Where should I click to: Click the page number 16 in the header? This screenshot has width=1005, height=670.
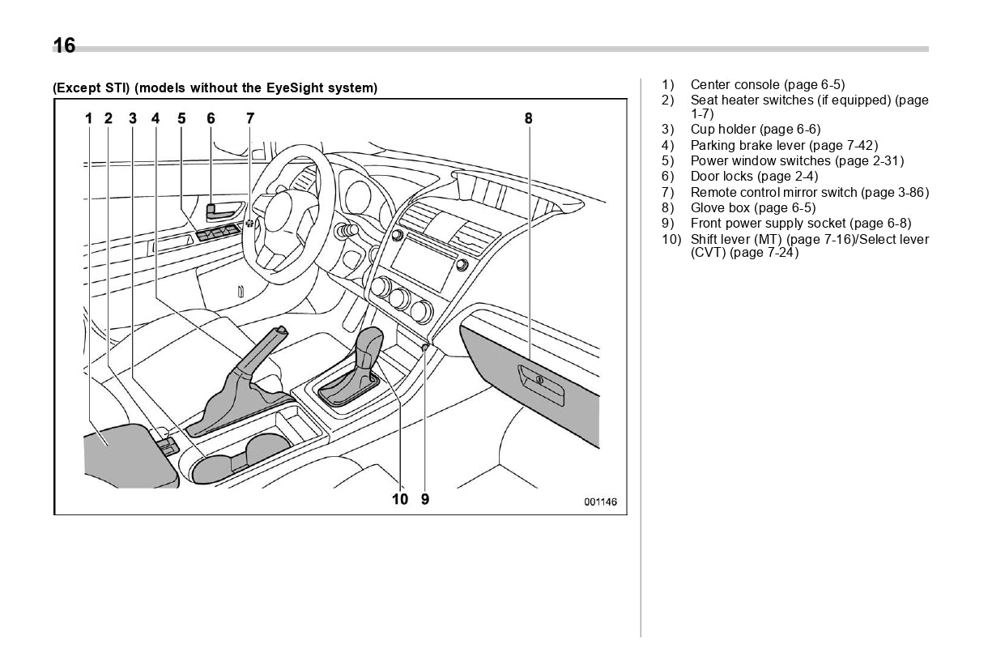point(64,46)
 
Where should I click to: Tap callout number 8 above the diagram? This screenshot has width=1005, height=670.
point(528,118)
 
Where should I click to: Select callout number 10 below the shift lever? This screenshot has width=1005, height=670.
point(400,499)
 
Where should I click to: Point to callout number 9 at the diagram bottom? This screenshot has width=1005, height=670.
point(425,499)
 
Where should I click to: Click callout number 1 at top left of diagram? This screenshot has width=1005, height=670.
point(89,118)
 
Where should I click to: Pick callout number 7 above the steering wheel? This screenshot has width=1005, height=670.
point(250,118)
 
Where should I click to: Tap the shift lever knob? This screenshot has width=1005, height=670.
point(369,344)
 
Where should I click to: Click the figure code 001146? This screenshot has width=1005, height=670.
point(600,502)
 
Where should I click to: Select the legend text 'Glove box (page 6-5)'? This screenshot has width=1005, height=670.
point(752,208)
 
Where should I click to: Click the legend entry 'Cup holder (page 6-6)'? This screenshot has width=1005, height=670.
point(755,130)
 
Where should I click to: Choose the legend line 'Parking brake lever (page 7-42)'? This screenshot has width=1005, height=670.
point(783,146)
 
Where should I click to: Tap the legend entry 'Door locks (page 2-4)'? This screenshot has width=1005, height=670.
point(754,177)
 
